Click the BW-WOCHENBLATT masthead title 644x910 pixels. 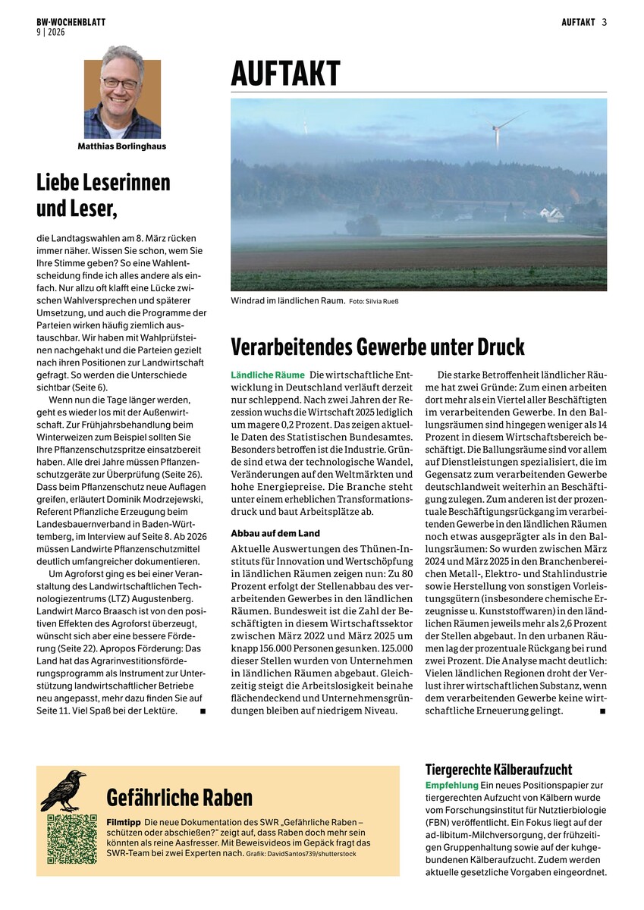click(x=71, y=22)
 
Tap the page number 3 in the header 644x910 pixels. click(x=605, y=22)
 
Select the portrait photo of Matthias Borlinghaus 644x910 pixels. click(x=122, y=99)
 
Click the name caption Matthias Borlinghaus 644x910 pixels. click(x=121, y=146)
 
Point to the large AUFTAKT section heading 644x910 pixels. click(x=285, y=75)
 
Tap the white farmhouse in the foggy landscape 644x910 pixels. click(x=553, y=215)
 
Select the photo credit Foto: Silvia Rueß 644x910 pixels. click(x=373, y=302)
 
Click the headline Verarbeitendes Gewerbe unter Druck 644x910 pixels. click(x=378, y=347)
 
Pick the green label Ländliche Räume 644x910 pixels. click(x=267, y=375)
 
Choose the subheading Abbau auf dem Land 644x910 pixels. click(x=275, y=533)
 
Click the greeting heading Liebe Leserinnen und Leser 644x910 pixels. click(x=103, y=194)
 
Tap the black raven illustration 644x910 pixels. click(x=64, y=789)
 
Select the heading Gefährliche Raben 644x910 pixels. click(x=180, y=798)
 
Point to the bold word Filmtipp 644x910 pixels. click(x=123, y=822)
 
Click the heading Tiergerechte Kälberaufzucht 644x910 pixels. click(x=498, y=770)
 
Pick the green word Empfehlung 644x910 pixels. click(x=451, y=785)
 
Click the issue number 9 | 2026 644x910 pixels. click(x=51, y=32)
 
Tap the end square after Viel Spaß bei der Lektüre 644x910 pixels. click(x=203, y=711)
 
